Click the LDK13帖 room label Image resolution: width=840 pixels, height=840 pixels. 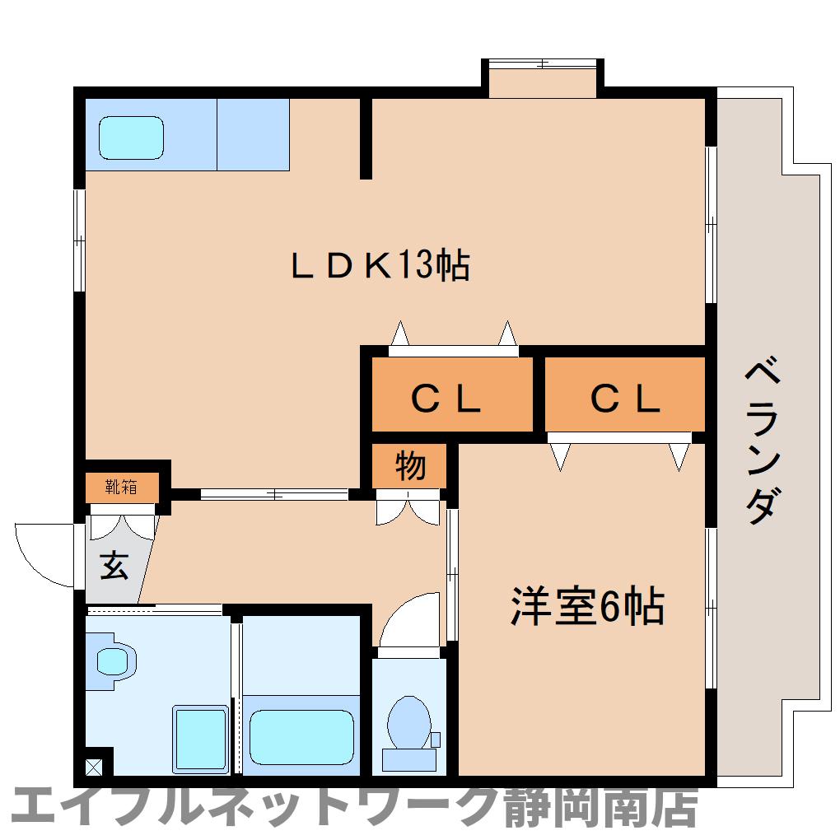pyautogui.click(x=380, y=266)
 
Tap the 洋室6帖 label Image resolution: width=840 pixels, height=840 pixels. pyautogui.click(x=587, y=608)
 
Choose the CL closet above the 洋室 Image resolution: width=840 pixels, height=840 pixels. pyautogui.click(x=625, y=399)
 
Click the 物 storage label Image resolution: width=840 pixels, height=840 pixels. pyautogui.click(x=410, y=466)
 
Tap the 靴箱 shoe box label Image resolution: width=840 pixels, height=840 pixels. pyautogui.click(x=121, y=487)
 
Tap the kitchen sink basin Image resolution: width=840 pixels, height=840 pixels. pyautogui.click(x=131, y=137)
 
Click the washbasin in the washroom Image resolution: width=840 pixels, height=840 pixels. pyautogui.click(x=113, y=660)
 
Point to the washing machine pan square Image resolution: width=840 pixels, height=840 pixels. pyautogui.click(x=200, y=738)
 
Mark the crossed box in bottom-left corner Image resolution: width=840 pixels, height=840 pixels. pyautogui.click(x=94, y=767)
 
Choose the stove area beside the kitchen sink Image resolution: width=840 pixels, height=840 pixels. pyautogui.click(x=253, y=134)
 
